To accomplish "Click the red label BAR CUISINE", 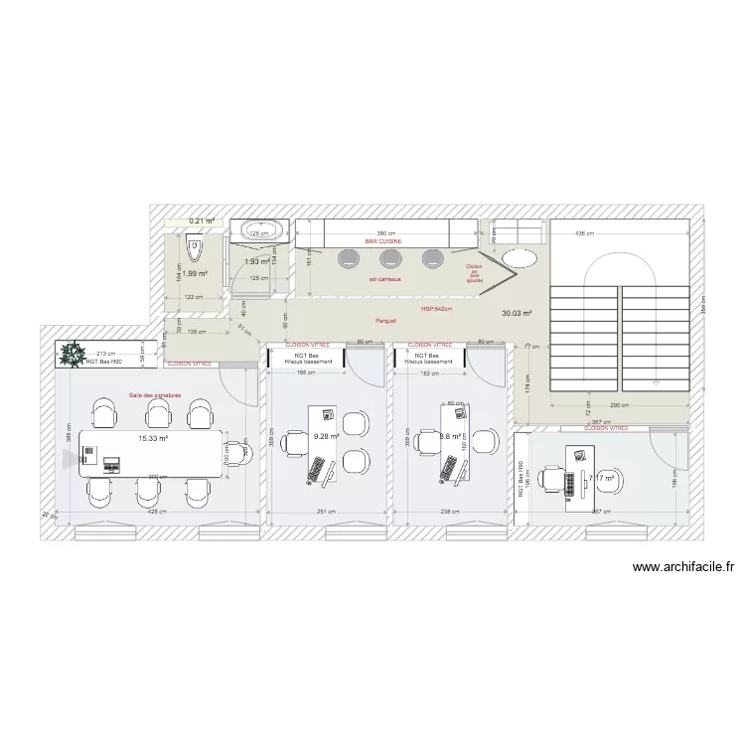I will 384,241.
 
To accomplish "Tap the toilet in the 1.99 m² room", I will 195,244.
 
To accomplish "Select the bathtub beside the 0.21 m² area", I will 259,231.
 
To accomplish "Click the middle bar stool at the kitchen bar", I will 389,259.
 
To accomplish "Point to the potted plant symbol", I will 73,353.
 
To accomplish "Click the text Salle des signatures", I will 156,395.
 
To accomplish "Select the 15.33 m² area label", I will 152,439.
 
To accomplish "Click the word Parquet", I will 385,321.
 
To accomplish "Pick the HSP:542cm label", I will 436,309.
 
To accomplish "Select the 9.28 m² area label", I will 326,436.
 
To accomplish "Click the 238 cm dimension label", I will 450,512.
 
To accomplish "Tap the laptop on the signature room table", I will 110,462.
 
